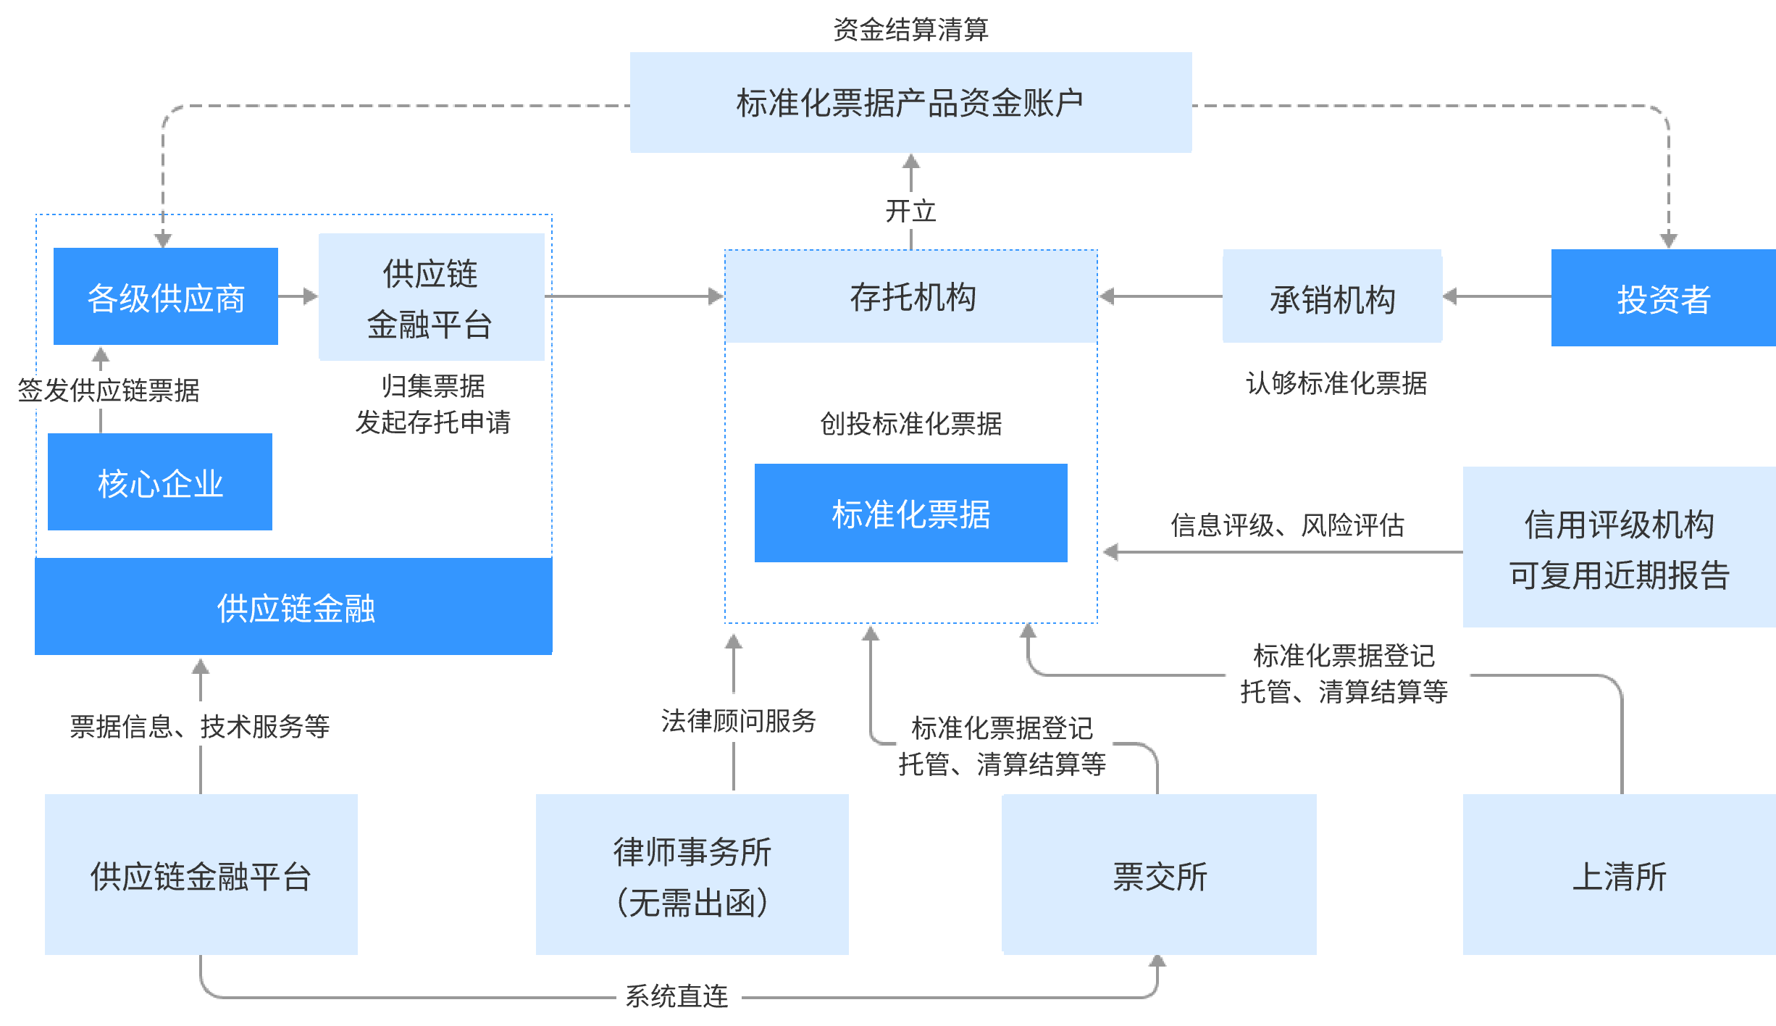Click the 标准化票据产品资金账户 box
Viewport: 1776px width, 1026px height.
coord(910,102)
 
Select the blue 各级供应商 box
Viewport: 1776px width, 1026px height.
coord(166,296)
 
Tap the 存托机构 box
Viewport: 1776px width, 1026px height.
coord(911,296)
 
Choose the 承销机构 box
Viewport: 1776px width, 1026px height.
coord(1332,296)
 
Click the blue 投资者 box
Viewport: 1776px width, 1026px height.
coord(1663,298)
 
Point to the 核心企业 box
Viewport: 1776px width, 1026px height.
coord(160,482)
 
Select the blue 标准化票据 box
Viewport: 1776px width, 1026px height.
coord(910,513)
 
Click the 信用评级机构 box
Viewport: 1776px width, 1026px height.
coord(1619,547)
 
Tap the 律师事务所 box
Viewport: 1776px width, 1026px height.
coord(692,875)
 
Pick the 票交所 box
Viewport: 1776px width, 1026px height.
coord(1159,875)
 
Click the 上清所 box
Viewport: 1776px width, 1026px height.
coord(1619,875)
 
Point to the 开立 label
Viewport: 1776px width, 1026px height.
coord(910,211)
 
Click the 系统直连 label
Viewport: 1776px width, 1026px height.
coord(679,997)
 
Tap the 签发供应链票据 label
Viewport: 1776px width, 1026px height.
coord(101,391)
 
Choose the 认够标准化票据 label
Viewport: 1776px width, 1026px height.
coord(1341,385)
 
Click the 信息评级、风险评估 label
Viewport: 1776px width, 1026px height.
coord(1283,521)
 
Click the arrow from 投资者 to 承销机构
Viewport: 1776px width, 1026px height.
coord(1496,296)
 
